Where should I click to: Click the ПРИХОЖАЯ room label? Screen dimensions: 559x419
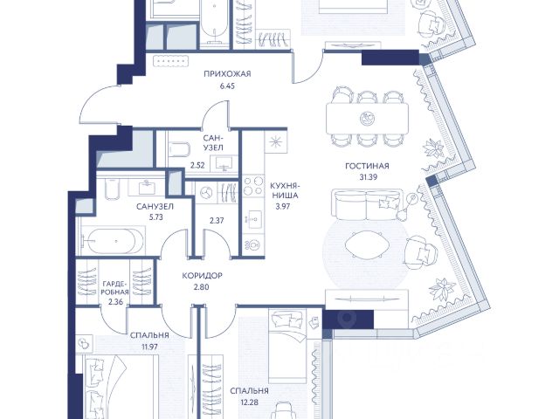(227, 74)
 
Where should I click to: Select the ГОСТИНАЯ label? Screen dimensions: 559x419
(367, 166)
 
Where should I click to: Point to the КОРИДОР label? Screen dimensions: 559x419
(202, 276)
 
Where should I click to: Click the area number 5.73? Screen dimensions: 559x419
(155, 217)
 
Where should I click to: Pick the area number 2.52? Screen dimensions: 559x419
(197, 165)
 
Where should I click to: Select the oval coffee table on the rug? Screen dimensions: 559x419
(366, 244)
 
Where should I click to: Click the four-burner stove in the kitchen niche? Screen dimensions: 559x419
(253, 185)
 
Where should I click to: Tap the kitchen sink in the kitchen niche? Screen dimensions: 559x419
(253, 218)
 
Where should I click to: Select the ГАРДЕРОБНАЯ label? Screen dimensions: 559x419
(115, 288)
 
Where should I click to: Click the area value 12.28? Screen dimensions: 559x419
(249, 402)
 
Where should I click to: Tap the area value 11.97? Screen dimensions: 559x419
(149, 347)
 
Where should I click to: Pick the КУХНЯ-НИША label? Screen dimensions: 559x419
(284, 190)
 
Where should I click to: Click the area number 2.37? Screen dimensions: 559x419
(217, 221)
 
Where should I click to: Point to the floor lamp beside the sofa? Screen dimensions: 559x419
(407, 206)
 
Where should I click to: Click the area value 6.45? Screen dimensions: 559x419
(227, 86)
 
